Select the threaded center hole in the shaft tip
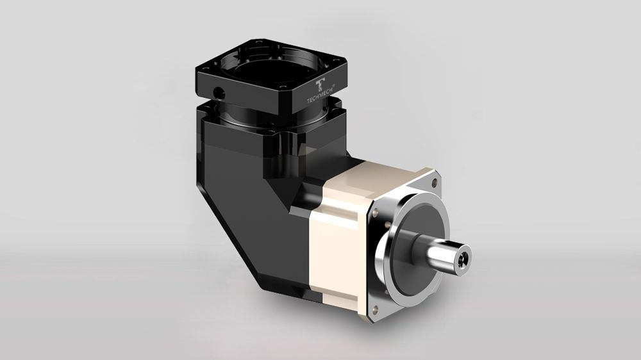[x=463, y=257]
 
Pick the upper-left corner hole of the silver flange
[x=374, y=213]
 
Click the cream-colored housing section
[x=335, y=237]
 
